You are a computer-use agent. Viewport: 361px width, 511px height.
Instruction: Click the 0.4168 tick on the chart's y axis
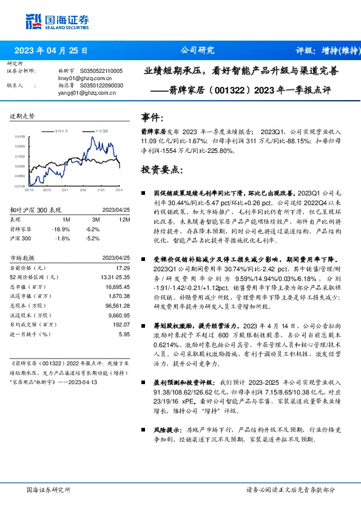coord(21,137)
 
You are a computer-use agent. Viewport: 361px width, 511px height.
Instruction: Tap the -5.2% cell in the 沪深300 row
coord(92,239)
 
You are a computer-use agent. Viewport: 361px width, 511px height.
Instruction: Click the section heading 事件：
coord(152,117)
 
